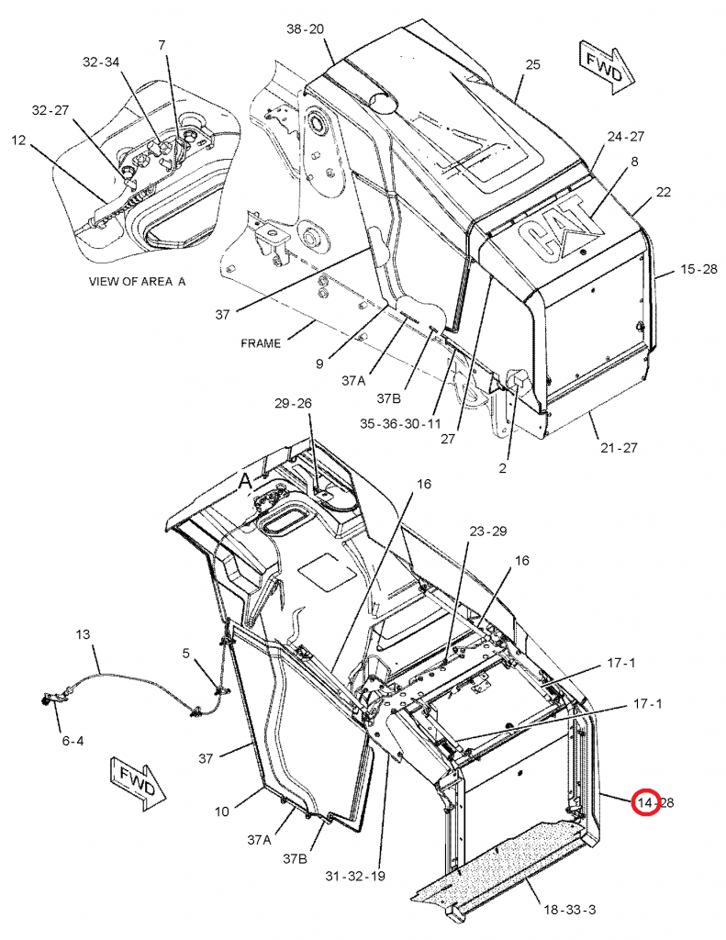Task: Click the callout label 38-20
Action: tap(306, 28)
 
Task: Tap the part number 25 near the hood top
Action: tap(532, 64)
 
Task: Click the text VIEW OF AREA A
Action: tap(137, 282)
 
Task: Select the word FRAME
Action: tap(262, 343)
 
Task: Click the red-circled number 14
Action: tap(647, 803)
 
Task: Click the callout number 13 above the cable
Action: tap(84, 634)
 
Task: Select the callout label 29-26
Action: tap(294, 403)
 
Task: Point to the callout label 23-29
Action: tap(488, 532)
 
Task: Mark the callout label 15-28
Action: tap(698, 269)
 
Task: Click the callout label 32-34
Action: tap(101, 62)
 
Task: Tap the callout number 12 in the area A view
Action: tap(19, 140)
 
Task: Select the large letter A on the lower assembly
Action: tap(245, 481)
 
